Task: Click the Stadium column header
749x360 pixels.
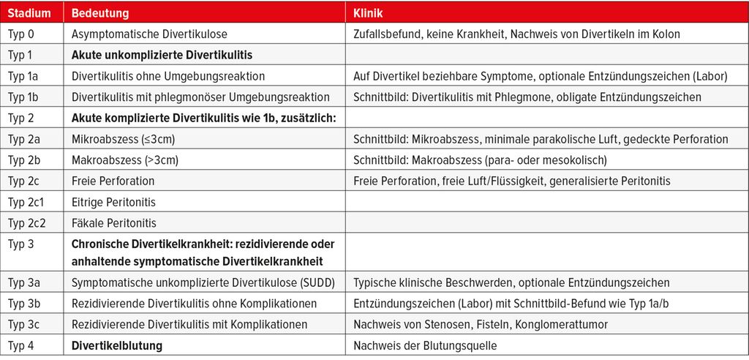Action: [29, 13]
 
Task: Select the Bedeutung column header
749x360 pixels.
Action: [100, 13]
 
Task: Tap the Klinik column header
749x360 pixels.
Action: [369, 13]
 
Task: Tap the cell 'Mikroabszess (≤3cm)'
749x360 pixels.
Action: [123, 139]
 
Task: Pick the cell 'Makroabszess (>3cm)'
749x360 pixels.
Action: [124, 160]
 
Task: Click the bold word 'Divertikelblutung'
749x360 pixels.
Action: [117, 345]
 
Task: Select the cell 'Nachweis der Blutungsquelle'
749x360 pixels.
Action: [424, 345]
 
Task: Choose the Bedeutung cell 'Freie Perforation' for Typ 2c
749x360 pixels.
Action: [113, 181]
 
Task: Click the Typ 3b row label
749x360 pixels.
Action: [25, 303]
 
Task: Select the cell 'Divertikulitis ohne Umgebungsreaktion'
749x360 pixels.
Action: [168, 75]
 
